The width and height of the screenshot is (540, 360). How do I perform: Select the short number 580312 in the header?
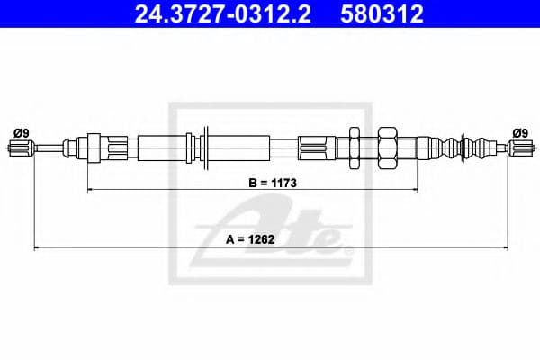coord(381,14)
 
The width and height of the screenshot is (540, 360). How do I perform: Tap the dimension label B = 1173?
coord(272,182)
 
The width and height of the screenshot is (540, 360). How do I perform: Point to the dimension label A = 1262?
coord(272,240)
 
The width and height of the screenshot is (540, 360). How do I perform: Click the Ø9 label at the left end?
coord(22,133)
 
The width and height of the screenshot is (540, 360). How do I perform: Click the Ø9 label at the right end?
coord(518,133)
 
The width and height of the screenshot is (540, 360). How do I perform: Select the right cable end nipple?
coord(518,148)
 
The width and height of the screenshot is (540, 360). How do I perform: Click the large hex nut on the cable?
coord(389,147)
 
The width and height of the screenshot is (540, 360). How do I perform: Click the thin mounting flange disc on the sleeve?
coord(208,147)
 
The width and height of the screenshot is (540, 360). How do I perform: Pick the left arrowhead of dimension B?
coord(90,190)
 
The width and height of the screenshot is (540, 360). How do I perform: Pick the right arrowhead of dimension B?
coord(414,190)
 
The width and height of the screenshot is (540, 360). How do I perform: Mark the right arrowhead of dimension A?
coord(508,247)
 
